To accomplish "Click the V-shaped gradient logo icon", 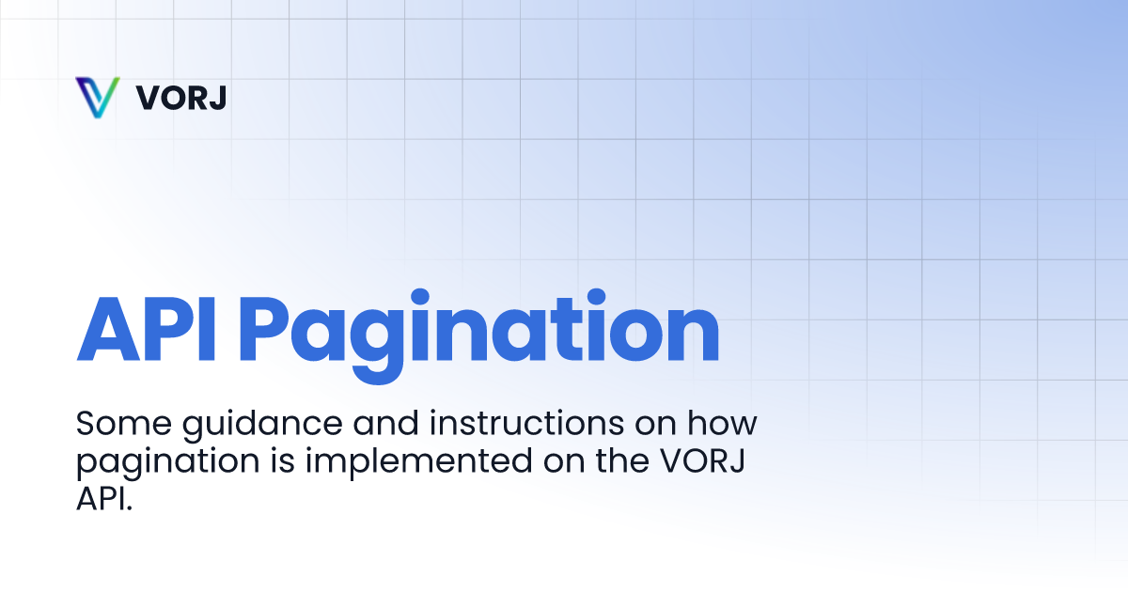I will [x=97, y=97].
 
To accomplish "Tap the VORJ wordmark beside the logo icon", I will [x=180, y=98].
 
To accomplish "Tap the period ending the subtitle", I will [x=130, y=507].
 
